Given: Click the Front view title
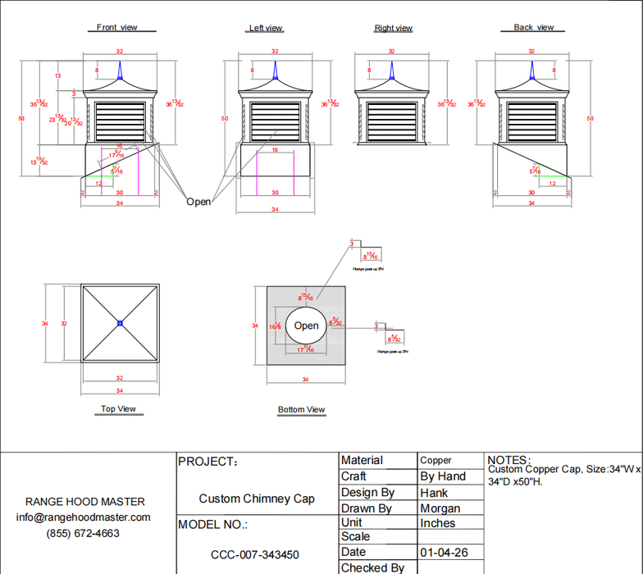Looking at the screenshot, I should pyautogui.click(x=116, y=27).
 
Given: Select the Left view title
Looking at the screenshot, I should pyautogui.click(x=265, y=28).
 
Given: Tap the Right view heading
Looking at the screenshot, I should pyautogui.click(x=393, y=28).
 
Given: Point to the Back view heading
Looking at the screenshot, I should pyautogui.click(x=533, y=27).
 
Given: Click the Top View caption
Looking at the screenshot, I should pyautogui.click(x=118, y=408).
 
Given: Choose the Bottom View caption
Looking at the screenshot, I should pyautogui.click(x=301, y=409).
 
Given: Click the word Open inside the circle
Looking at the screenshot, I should pyautogui.click(x=306, y=326).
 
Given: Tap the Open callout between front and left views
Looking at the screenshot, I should pyautogui.click(x=198, y=202).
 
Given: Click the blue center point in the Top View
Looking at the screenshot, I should pyautogui.click(x=120, y=324).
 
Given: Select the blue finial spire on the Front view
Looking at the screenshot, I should pyautogui.click(x=120, y=71).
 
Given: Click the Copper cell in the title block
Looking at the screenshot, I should pyautogui.click(x=436, y=461).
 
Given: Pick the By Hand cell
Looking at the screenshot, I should pyautogui.click(x=442, y=476).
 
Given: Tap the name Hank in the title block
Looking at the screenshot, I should pyautogui.click(x=434, y=493).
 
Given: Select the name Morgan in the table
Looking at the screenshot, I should pyautogui.click(x=440, y=508).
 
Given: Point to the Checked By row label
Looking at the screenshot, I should pyautogui.click(x=372, y=567).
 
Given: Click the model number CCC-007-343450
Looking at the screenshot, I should pyautogui.click(x=255, y=555).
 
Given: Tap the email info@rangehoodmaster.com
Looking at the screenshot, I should pyautogui.click(x=84, y=517).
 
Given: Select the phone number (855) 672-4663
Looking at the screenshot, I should pyautogui.click(x=83, y=533).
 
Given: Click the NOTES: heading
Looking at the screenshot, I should pyautogui.click(x=508, y=460).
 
